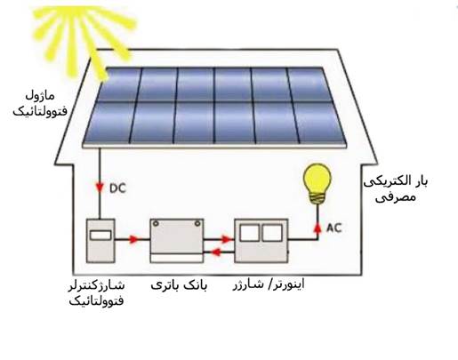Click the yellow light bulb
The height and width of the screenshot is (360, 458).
(317, 184)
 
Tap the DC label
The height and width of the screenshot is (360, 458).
(117, 188)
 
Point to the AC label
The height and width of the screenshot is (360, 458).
(334, 228)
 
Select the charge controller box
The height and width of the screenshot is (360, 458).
(100, 241)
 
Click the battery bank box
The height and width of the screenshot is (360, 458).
(177, 241)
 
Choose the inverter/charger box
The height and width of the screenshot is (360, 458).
(261, 241)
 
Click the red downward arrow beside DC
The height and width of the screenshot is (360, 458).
(100, 188)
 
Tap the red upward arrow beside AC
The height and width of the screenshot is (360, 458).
(317, 228)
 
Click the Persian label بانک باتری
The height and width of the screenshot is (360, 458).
(179, 285)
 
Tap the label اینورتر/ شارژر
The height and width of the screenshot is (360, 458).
(269, 284)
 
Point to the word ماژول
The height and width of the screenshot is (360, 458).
(40, 96)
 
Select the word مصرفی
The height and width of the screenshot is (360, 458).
(396, 196)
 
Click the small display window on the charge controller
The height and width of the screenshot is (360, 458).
(100, 236)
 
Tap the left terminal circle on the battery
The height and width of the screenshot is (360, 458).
(156, 224)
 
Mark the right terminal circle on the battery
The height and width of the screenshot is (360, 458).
(197, 224)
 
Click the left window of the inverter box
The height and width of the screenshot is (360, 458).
(249, 233)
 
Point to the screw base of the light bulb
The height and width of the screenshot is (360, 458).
(317, 198)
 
